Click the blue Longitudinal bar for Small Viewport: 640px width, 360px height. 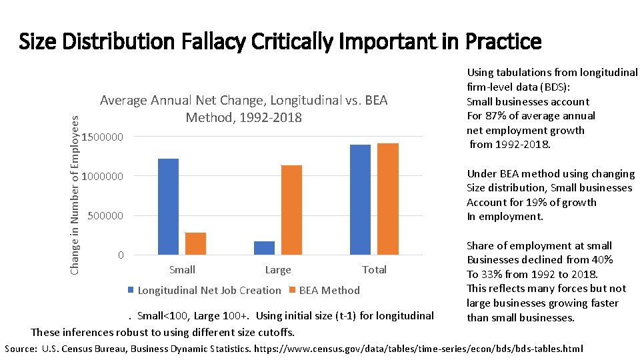(x=169, y=207)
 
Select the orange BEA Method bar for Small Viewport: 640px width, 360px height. (x=195, y=243)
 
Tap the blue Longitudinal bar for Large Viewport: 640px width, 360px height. (x=265, y=247)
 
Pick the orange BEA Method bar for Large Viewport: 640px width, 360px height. (x=291, y=210)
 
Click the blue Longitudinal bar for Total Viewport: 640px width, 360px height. (x=360, y=199)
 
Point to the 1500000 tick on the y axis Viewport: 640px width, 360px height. (x=103, y=137)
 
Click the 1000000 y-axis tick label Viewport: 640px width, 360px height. (x=103, y=177)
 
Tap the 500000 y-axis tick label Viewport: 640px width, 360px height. (x=106, y=216)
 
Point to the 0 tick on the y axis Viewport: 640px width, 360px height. (x=120, y=255)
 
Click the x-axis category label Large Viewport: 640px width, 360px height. (x=278, y=270)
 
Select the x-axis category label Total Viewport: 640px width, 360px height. (x=374, y=270)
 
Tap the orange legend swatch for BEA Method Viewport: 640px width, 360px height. (x=293, y=290)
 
